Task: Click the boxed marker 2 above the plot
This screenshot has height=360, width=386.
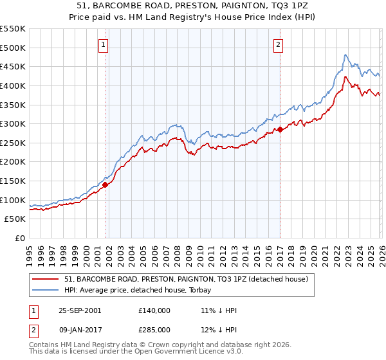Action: pyautogui.click(x=279, y=44)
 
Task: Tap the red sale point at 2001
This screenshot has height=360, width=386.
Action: pyautogui.click(x=105, y=184)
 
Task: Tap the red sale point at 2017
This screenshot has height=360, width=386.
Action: pyautogui.click(x=280, y=129)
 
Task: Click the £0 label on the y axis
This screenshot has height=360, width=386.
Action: pyautogui.click(x=21, y=239)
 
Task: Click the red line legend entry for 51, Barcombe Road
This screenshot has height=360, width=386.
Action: pyautogui.click(x=187, y=279)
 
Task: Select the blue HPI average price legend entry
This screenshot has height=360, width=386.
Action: pyautogui.click(x=142, y=290)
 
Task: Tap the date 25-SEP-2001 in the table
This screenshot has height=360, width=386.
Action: pyautogui.click(x=80, y=310)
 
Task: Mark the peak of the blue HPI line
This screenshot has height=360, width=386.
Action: pyautogui.click(x=345, y=55)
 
